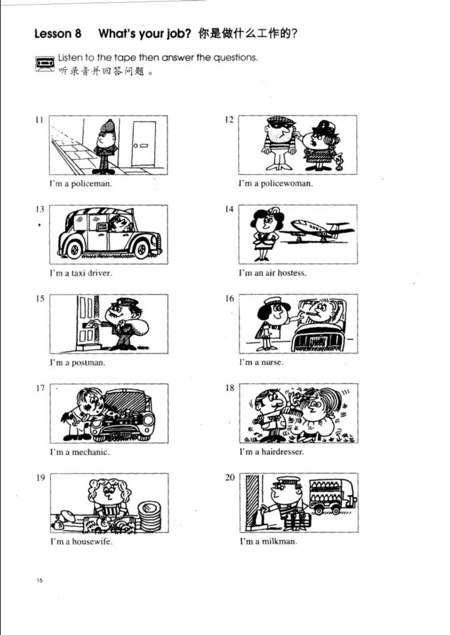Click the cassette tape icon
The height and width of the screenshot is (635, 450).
(x=44, y=64)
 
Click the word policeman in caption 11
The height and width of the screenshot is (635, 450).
(x=91, y=184)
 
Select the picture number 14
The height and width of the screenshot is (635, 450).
(x=229, y=209)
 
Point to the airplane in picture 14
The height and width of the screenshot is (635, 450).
(x=317, y=231)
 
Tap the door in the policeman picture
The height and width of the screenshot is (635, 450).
(x=143, y=143)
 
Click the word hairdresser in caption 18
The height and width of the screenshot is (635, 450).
(x=282, y=451)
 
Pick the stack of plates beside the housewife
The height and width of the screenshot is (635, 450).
(x=149, y=515)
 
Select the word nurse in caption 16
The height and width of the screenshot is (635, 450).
(x=272, y=362)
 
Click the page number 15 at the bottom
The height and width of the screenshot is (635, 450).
(x=39, y=581)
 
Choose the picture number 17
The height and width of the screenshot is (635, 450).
(x=40, y=388)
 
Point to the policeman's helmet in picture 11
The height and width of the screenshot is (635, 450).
(x=108, y=126)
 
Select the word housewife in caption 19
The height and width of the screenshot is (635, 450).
(x=92, y=541)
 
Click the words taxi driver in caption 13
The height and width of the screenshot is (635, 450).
(x=91, y=273)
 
